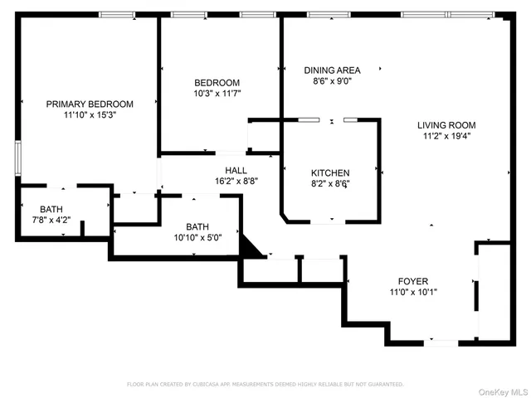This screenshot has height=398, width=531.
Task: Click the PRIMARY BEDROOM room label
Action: (x=89, y=104)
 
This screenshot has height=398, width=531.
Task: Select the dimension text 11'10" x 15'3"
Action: (x=89, y=115)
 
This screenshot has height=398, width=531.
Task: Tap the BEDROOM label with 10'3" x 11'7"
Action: (x=217, y=83)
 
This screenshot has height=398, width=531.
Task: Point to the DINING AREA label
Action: (x=331, y=70)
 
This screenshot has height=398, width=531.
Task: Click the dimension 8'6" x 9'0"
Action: (x=331, y=81)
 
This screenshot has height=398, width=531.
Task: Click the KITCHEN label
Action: (x=330, y=173)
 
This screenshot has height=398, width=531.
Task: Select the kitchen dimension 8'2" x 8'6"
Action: (x=330, y=184)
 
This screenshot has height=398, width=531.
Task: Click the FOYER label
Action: (x=412, y=281)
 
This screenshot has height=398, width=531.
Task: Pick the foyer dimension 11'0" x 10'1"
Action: (x=412, y=292)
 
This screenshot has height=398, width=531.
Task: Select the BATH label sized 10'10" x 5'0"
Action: (x=197, y=226)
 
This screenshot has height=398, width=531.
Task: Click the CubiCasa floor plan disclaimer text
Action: (x=265, y=384)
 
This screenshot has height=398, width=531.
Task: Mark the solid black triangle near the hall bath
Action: (x=250, y=247)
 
